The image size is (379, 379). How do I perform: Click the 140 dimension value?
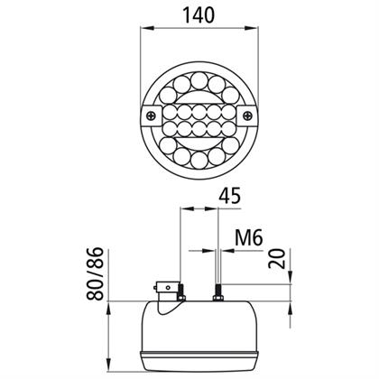pyautogui.click(x=199, y=15)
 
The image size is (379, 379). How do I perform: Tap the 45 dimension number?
pyautogui.click(x=230, y=196)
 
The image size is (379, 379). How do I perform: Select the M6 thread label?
pyautogui.click(x=249, y=238)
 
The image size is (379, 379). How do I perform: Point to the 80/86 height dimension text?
pyautogui.click(x=95, y=273)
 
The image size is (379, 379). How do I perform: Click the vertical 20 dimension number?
pyautogui.click(x=277, y=258)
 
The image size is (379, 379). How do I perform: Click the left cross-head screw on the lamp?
pyautogui.click(x=152, y=116)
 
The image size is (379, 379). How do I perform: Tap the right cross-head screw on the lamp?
pyautogui.click(x=247, y=116)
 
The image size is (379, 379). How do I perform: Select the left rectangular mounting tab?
pyautogui.click(x=152, y=116)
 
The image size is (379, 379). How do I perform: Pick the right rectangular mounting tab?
pyautogui.click(x=247, y=116)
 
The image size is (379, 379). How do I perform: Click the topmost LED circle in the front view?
pyautogui.click(x=199, y=80)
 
